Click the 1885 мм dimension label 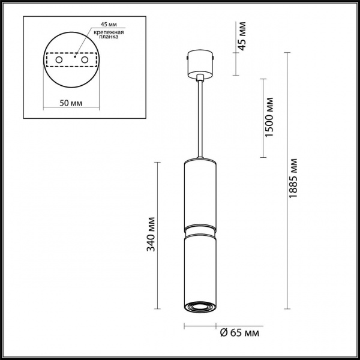tap(293, 179)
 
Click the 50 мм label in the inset tap(71, 103)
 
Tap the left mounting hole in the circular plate tap(58, 61)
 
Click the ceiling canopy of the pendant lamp tap(200, 64)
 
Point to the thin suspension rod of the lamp tap(200, 120)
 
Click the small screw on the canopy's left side tap(188, 58)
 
